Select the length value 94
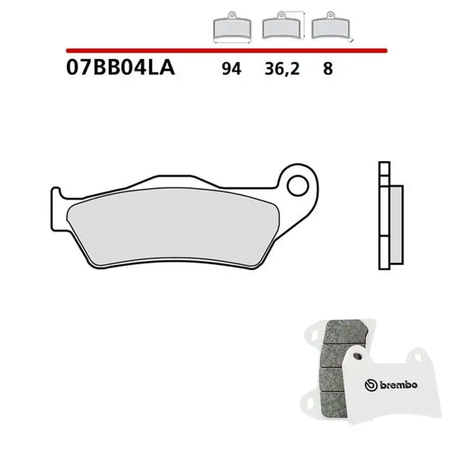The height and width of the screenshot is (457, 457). click(x=232, y=69)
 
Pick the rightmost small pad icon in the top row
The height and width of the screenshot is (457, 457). click(x=331, y=27)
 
